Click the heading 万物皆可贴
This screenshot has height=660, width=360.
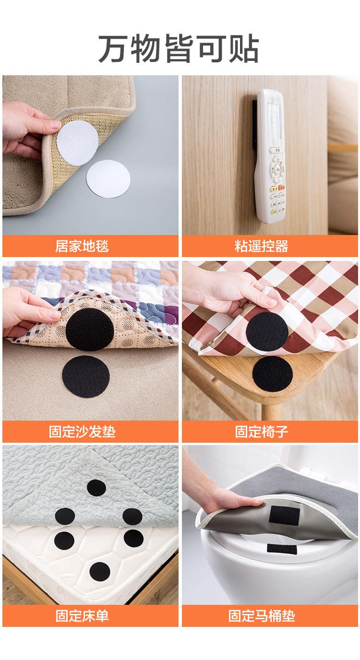179,48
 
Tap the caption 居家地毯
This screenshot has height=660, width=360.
82,246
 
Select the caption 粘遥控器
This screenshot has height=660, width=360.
261,246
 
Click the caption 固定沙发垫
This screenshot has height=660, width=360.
82,432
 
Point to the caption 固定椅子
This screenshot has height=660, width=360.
261,432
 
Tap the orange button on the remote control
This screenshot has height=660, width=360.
282,188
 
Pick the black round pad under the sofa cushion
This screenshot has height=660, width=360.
86,330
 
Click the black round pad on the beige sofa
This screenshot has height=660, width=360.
86,377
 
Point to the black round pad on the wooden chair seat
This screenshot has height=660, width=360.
273,375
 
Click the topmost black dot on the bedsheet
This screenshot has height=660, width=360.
96,488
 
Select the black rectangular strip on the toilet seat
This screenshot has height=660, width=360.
282,548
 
